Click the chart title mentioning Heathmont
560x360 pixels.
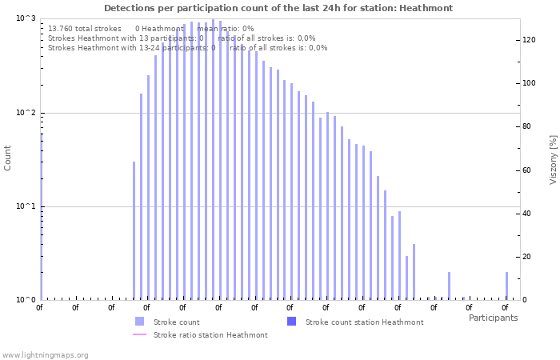pyautogui.click(x=278, y=8)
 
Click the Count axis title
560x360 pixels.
pyautogui.click(x=8, y=158)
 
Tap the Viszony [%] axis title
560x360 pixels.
pyautogui.click(x=552, y=159)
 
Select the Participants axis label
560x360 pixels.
pyautogui.click(x=493, y=318)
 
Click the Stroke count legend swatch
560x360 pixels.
pyautogui.click(x=140, y=322)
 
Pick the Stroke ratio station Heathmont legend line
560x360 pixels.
pyautogui.click(x=140, y=334)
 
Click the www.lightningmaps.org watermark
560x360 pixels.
pyautogui.click(x=45, y=354)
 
